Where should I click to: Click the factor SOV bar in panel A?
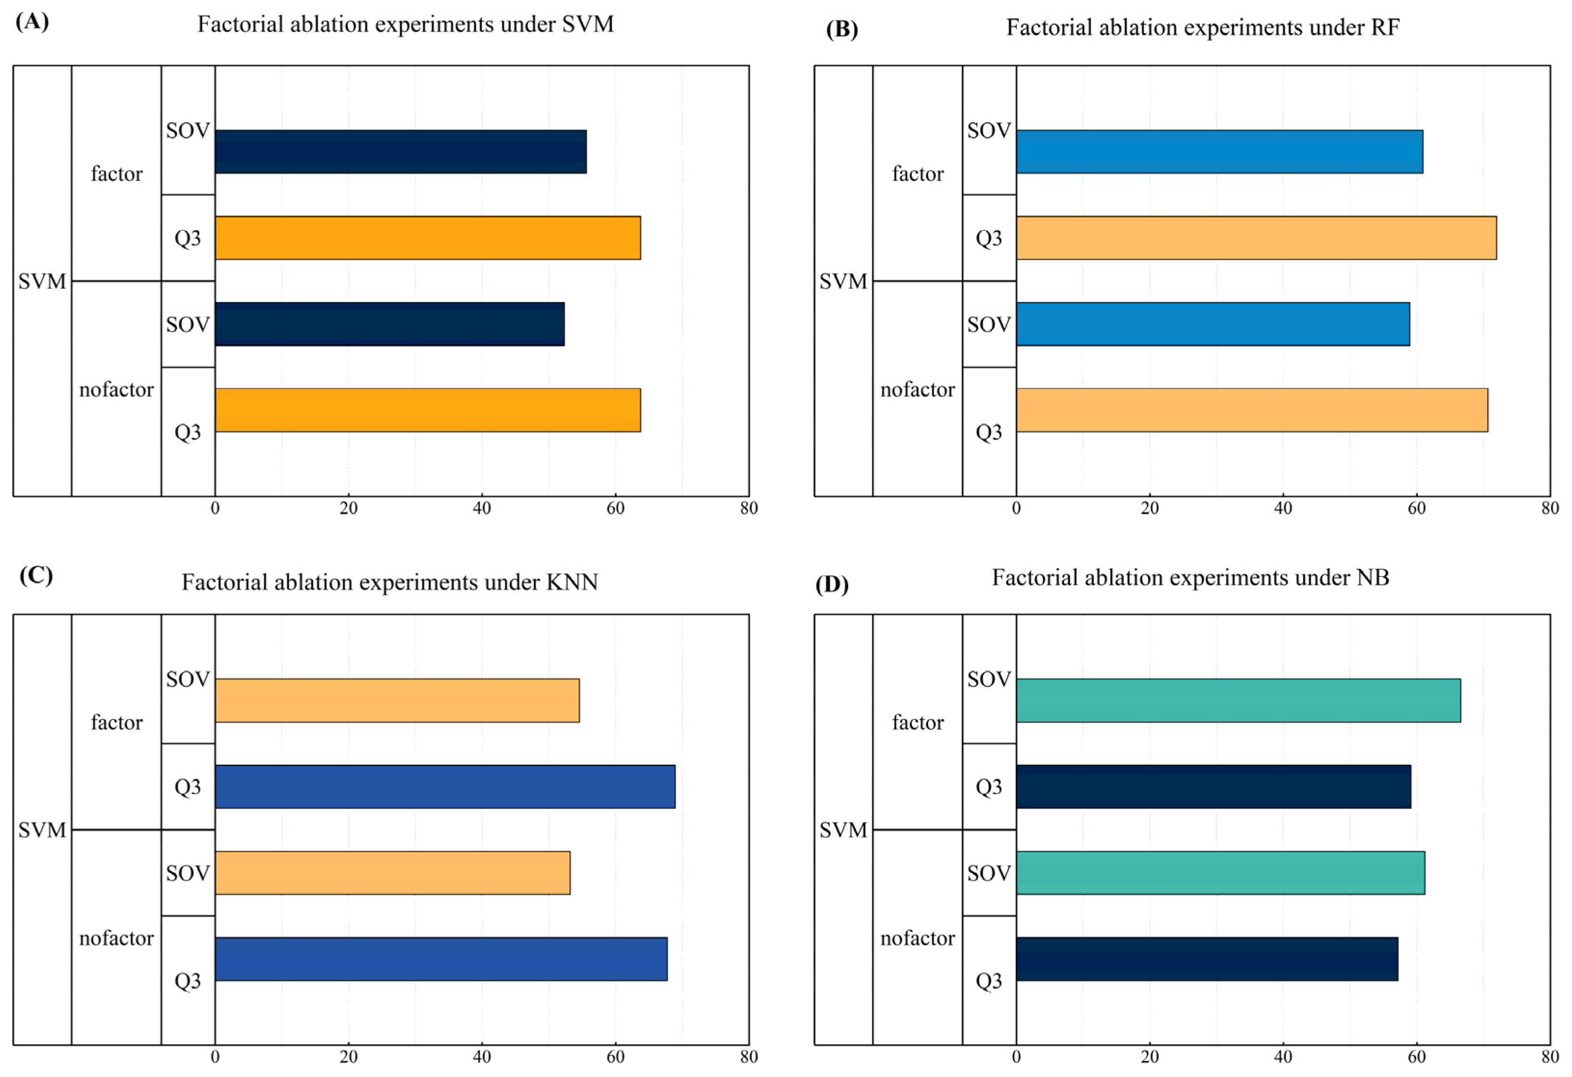tap(400, 151)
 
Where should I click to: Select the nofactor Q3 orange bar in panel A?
tap(427, 410)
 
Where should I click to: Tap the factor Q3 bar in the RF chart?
tap(1256, 238)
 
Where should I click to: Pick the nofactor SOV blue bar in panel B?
tap(1213, 324)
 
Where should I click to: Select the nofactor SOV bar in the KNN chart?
tap(392, 873)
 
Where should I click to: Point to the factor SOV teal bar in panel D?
tap(1239, 700)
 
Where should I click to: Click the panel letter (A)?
tap(32, 22)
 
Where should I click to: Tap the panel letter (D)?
tap(831, 584)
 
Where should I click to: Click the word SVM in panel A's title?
tap(588, 25)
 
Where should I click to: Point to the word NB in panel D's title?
tap(1372, 578)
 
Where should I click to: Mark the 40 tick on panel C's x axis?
tap(481, 1057)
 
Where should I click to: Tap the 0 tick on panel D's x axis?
tap(1016, 1057)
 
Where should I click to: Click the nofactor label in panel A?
tap(116, 390)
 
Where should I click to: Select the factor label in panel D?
tap(917, 722)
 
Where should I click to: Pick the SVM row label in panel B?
tap(843, 281)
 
